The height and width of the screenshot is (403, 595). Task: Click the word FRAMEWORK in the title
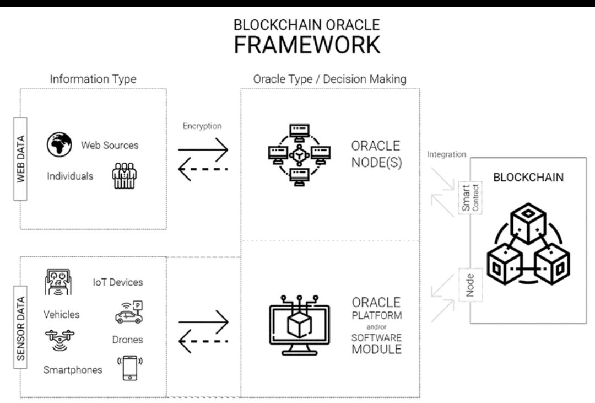tap(307, 45)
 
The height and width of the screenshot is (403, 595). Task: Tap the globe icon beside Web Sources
tap(59, 144)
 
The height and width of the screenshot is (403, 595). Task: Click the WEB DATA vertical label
tap(21, 159)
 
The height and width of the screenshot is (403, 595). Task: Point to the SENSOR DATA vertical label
tap(21, 330)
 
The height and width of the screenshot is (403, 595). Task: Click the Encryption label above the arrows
tap(202, 126)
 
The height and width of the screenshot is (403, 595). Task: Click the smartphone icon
tap(130, 368)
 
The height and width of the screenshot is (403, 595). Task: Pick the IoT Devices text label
tap(117, 282)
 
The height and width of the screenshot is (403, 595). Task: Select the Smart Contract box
tap(470, 198)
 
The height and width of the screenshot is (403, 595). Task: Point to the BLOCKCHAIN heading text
tap(528, 178)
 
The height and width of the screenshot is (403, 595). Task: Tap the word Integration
tap(446, 154)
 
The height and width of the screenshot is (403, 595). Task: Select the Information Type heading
tap(93, 79)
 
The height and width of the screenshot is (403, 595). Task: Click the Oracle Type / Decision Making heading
tap(329, 79)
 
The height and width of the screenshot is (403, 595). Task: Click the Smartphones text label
tap(73, 370)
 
